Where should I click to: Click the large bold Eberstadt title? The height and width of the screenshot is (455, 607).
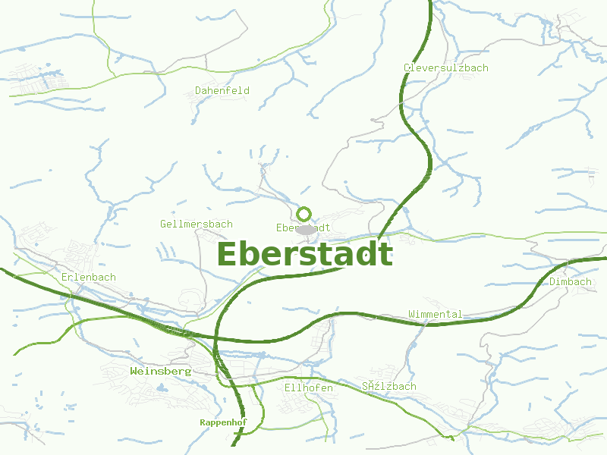(x=305, y=255)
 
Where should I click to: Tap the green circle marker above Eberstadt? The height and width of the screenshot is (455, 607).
(x=304, y=214)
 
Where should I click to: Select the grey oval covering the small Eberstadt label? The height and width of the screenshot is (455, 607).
(x=306, y=229)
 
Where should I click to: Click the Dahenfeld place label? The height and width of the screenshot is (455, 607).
(x=222, y=90)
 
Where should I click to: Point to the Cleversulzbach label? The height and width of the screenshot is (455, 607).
(x=445, y=67)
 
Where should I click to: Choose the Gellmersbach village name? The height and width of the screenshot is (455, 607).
(x=197, y=224)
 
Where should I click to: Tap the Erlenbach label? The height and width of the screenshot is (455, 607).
(x=89, y=277)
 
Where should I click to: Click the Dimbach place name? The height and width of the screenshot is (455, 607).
(x=570, y=281)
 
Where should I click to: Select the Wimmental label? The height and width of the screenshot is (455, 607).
(x=435, y=314)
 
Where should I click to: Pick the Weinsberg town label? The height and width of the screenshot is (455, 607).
(x=160, y=372)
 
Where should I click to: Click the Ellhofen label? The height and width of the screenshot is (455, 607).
(x=308, y=388)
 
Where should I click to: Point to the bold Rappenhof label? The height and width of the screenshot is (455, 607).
(x=223, y=422)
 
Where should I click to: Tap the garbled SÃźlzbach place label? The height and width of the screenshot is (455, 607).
(x=389, y=386)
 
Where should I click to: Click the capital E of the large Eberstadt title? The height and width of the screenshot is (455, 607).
(x=228, y=255)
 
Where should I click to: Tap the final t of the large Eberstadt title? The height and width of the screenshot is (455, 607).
(x=385, y=255)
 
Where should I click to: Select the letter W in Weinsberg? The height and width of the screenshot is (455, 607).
(x=134, y=372)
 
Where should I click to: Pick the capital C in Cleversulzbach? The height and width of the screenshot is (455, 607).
(x=407, y=67)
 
